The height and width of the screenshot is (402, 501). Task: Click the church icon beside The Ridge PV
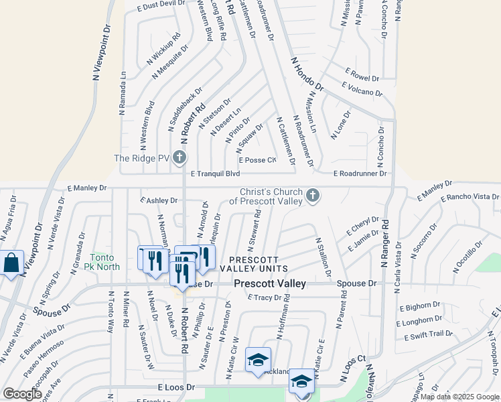click(179, 158)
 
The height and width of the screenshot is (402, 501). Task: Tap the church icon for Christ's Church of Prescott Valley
click(311, 196)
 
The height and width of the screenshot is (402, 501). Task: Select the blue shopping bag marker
click(12, 263)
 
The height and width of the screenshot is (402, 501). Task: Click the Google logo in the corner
click(22, 394)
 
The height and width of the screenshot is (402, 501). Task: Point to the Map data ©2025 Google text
click(459, 397)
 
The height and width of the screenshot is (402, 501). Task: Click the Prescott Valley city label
click(270, 283)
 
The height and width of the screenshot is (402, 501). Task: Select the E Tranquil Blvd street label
click(215, 174)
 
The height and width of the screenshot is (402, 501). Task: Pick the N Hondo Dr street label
click(307, 74)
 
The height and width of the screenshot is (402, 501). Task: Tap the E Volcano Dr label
click(362, 89)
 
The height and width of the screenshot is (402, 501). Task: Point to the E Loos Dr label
click(176, 387)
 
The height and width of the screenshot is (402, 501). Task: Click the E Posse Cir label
click(258, 160)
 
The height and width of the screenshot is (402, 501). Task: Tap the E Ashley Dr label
click(159, 200)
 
